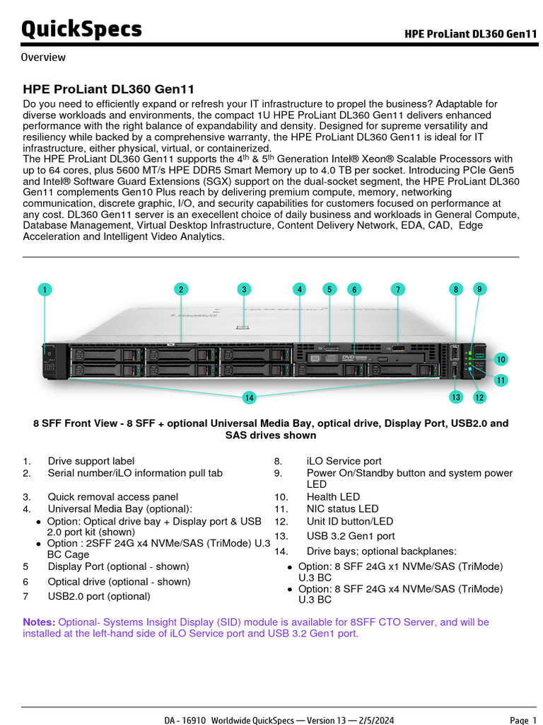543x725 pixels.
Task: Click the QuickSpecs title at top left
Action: [x=81, y=30]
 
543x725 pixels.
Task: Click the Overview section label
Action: [x=43, y=57]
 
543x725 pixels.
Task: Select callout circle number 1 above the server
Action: [x=45, y=290]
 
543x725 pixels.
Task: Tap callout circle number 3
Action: [x=244, y=289]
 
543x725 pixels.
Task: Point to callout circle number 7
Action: [x=398, y=289]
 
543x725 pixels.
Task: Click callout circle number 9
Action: [x=479, y=288]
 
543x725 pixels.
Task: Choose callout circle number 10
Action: [x=501, y=358]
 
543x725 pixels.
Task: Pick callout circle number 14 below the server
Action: [x=249, y=398]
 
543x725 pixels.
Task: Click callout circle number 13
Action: [x=456, y=397]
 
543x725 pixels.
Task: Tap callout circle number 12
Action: [x=479, y=398]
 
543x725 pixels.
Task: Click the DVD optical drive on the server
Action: [x=354, y=358]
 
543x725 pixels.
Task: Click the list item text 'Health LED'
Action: [x=333, y=497]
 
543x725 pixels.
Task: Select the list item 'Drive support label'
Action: [x=90, y=461]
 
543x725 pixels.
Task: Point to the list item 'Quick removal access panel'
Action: [x=112, y=497]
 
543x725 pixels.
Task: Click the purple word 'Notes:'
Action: [x=39, y=622]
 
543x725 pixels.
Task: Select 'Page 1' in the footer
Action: [x=522, y=720]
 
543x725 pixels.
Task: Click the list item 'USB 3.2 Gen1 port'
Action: [x=351, y=536]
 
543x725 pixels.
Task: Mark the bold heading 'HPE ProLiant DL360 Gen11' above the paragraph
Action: [x=109, y=89]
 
